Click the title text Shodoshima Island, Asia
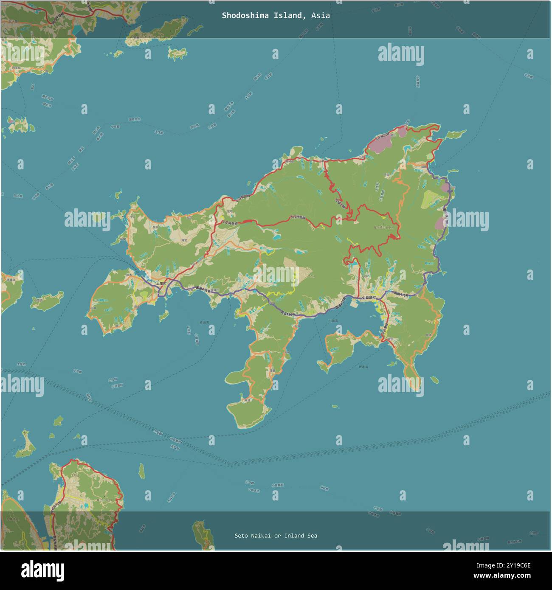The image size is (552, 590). point(276,16)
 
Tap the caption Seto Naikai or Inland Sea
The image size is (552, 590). point(276,536)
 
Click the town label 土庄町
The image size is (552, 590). point(162,283)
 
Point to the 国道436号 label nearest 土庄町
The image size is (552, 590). point(200,289)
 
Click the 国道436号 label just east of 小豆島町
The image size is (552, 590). point(400,294)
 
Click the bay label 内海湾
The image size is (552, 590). point(333,321)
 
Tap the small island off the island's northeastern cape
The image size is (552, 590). point(456,134)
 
